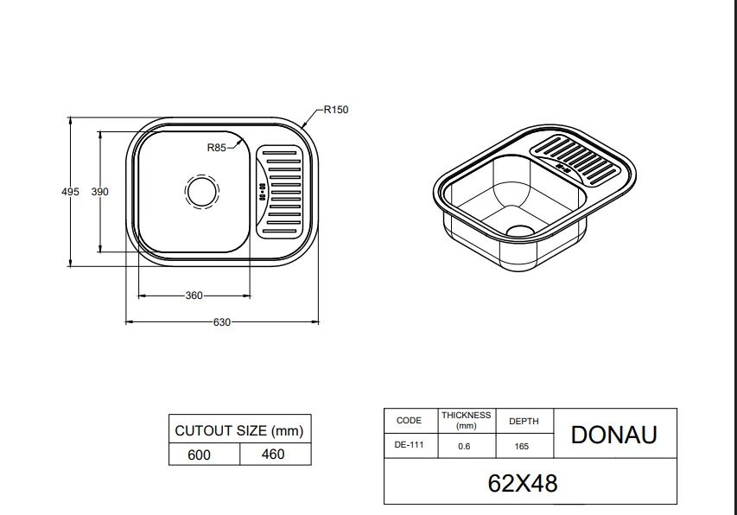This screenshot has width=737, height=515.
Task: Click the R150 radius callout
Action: click(336, 110)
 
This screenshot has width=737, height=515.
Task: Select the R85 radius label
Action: click(217, 148)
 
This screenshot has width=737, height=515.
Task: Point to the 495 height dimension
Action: click(70, 192)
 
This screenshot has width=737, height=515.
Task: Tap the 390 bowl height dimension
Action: click(99, 192)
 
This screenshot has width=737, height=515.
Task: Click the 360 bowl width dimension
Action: click(194, 296)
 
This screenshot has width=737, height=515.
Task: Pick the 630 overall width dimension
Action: click(222, 322)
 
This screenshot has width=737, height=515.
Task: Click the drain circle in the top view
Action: click(202, 191)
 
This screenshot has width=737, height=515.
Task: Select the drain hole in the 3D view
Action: click(520, 231)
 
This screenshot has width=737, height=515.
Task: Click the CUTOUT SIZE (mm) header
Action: click(239, 430)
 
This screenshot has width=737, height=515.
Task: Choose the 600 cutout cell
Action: click(199, 455)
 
